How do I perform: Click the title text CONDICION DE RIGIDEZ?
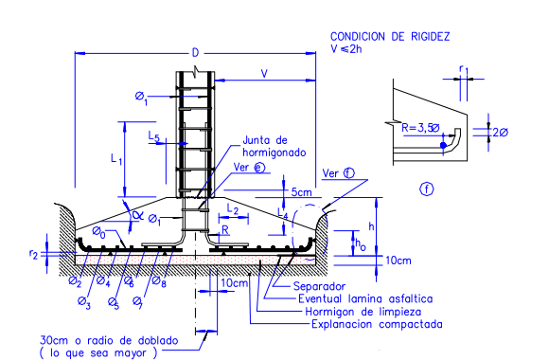[x=390, y=36]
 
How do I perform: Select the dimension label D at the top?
[x=195, y=53]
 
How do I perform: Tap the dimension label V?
[x=264, y=74]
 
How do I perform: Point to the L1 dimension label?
[x=116, y=159]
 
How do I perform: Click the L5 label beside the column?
[x=153, y=136]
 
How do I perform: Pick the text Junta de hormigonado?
[x=274, y=146]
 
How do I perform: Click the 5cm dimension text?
[x=301, y=192]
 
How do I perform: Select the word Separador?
[x=319, y=286]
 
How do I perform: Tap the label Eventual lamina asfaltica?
[x=365, y=298]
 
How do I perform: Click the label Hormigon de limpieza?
[x=363, y=312]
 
